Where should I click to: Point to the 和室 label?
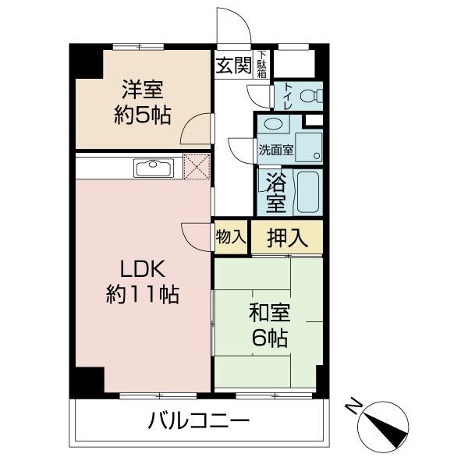269,314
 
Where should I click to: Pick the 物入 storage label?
231,237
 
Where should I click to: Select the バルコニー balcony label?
198,424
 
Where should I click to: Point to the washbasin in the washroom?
273,125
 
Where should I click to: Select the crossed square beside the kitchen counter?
196,166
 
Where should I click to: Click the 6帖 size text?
269,339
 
